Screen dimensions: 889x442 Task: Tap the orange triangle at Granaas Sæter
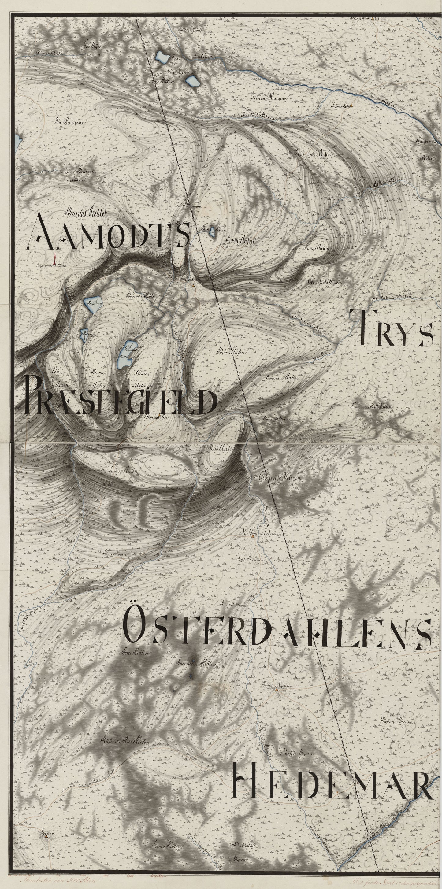pos(159,414)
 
